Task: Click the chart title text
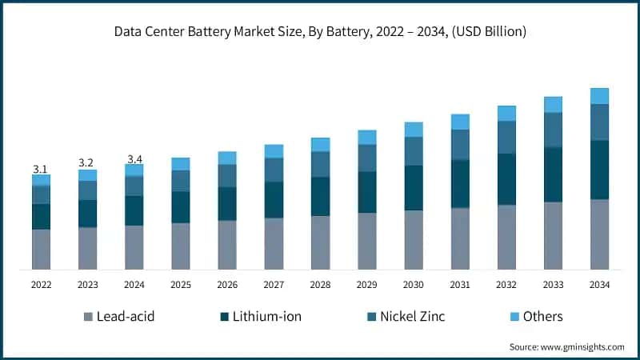(x=320, y=31)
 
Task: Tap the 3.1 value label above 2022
(x=40, y=169)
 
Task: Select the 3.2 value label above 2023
(x=86, y=163)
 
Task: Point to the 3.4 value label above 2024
(x=134, y=158)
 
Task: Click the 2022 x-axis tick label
(x=41, y=285)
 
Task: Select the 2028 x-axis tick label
(x=320, y=285)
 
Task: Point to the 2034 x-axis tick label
(x=599, y=285)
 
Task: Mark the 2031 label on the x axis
(x=460, y=285)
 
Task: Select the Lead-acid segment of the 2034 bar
(x=599, y=234)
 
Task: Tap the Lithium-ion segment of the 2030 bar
(x=414, y=188)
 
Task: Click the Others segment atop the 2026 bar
(x=227, y=158)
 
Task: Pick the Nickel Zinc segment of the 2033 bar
(x=553, y=130)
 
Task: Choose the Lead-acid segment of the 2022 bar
(x=41, y=249)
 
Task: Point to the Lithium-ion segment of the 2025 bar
(x=181, y=207)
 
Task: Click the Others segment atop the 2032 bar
(x=506, y=113)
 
